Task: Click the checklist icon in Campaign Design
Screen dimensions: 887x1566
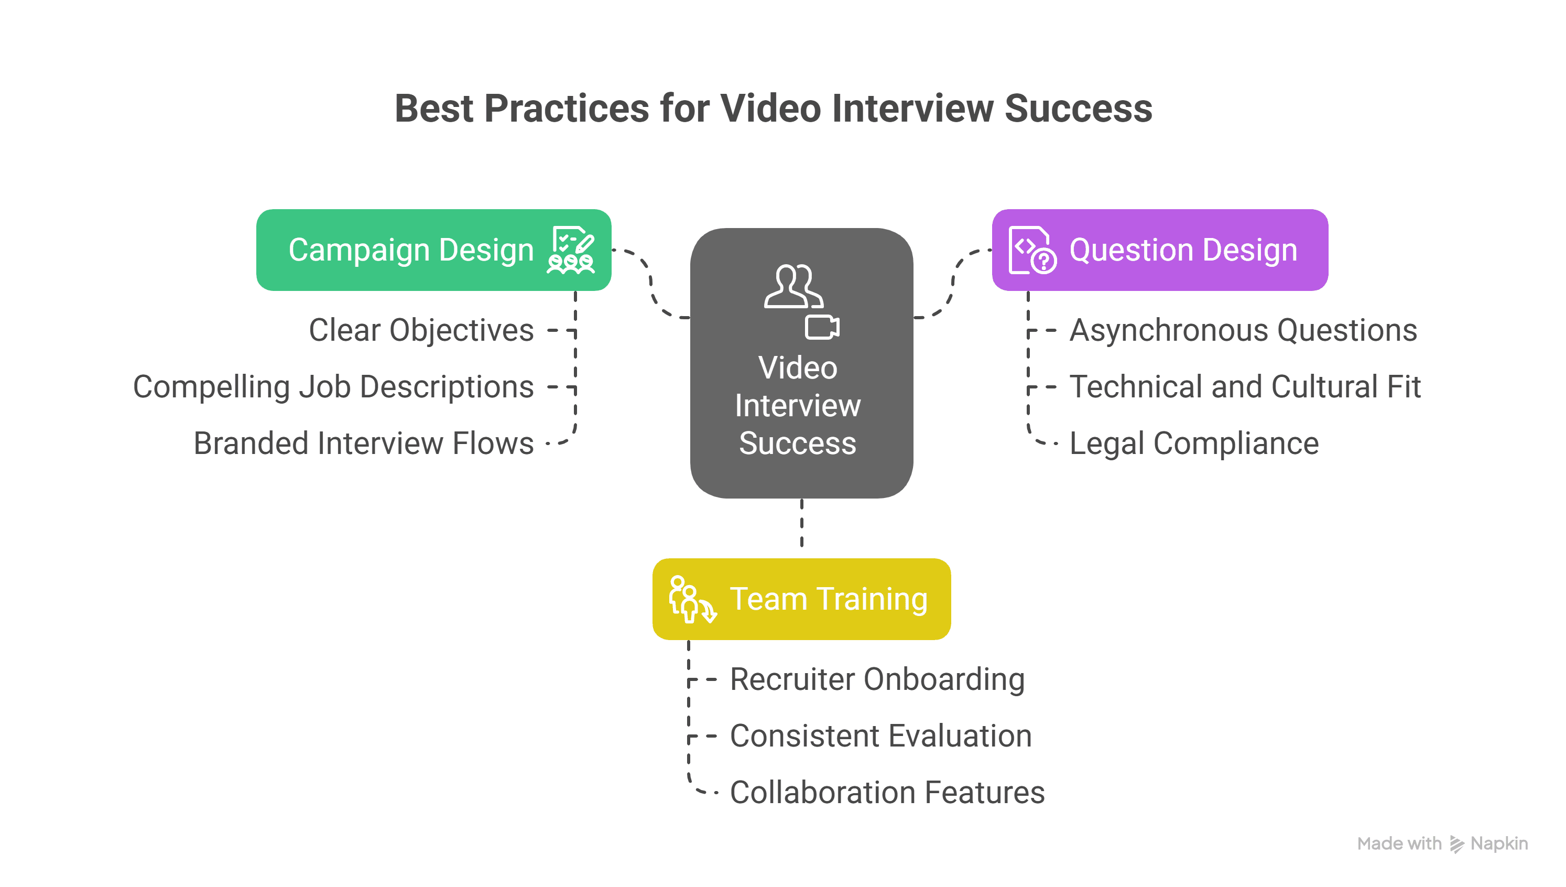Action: [x=571, y=250]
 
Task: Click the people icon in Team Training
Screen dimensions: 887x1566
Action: [x=692, y=599]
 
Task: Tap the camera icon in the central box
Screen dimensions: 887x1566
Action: [x=822, y=327]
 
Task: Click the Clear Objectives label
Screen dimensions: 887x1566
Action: [x=421, y=330]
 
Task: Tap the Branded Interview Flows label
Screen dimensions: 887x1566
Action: [x=364, y=443]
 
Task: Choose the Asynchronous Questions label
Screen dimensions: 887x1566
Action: [x=1243, y=330]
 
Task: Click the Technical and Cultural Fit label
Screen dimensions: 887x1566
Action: [x=1245, y=387]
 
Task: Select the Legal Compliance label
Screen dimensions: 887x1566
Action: [x=1193, y=443]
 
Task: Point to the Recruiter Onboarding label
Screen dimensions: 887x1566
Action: [x=877, y=679]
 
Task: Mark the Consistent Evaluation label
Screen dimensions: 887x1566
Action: [x=880, y=736]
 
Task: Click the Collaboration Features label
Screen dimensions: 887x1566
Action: [x=886, y=793]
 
